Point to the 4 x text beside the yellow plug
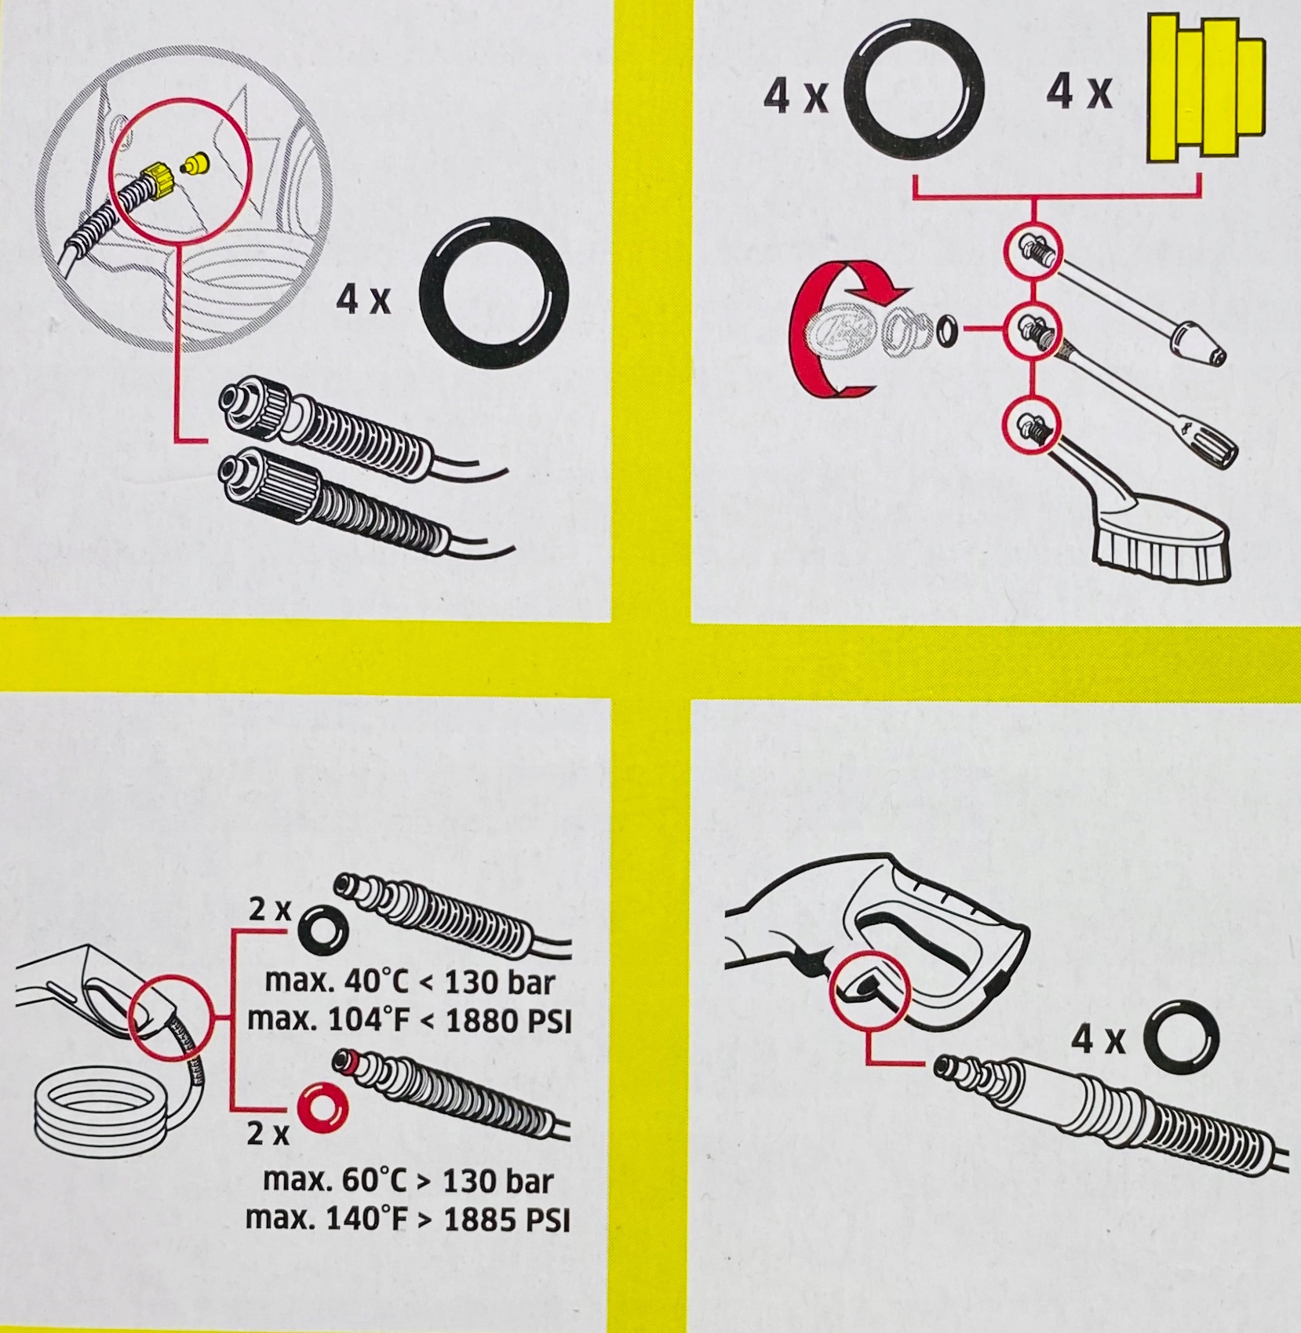[1080, 94]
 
